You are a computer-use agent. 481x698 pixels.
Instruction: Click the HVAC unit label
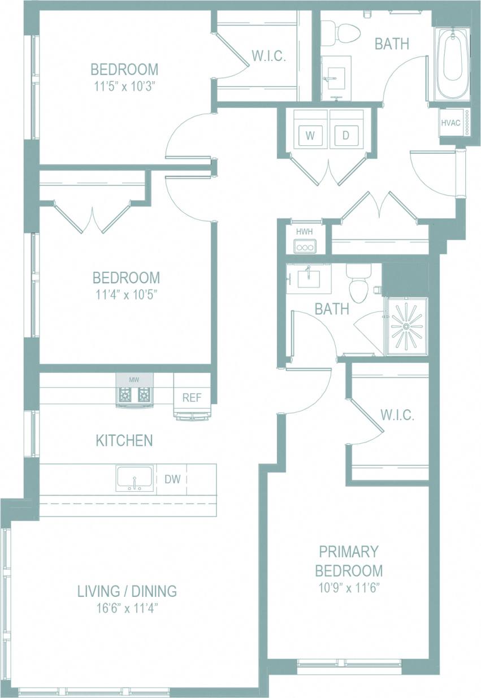[x=451, y=122]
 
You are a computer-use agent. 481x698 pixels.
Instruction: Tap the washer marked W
[x=310, y=135]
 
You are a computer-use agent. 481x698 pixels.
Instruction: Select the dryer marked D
[x=345, y=135]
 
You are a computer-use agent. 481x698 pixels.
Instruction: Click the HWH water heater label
[x=304, y=232]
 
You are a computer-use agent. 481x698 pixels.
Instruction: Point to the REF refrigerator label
[x=192, y=397]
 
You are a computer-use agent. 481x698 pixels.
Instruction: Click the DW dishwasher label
[x=172, y=479]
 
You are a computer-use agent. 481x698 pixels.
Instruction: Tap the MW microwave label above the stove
[x=133, y=380]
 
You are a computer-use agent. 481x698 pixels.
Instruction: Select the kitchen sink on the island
[x=135, y=479]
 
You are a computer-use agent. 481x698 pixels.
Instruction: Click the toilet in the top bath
[x=345, y=32]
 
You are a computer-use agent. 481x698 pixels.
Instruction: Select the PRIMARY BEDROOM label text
[x=349, y=560]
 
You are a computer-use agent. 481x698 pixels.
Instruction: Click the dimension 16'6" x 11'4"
[x=127, y=608]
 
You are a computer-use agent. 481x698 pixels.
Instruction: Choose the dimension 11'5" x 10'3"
[x=124, y=86]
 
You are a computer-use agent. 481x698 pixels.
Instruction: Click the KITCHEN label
[x=124, y=440]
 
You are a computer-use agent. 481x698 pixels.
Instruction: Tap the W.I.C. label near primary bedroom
[x=397, y=415]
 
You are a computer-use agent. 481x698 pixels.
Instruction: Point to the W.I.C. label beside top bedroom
[x=268, y=57]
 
